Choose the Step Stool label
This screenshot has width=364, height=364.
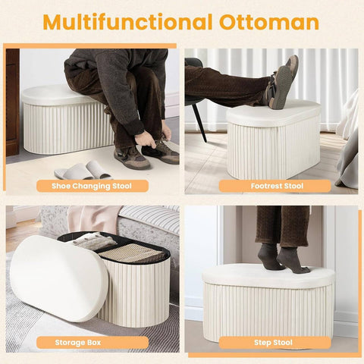pyautogui.click(x=272, y=342)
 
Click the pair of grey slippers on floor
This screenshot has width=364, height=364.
pyautogui.click(x=83, y=170)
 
